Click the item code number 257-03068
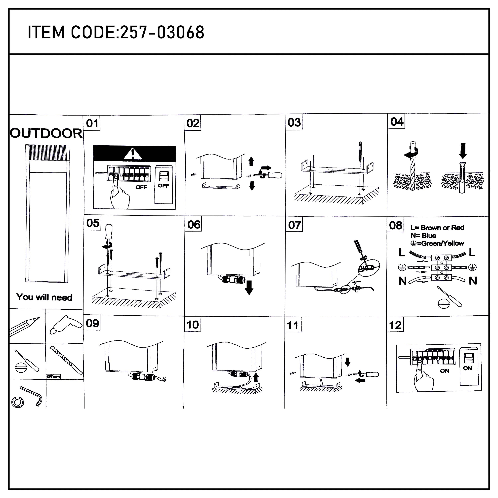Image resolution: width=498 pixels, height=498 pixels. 162,33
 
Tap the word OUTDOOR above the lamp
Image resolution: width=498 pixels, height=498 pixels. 46,133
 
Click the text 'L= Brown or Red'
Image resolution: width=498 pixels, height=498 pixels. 437,228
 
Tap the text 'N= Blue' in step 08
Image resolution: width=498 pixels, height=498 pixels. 423,235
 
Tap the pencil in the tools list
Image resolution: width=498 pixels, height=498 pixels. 25,326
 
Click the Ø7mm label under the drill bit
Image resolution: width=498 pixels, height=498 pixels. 53,377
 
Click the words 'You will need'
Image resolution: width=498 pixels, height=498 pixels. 44,297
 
